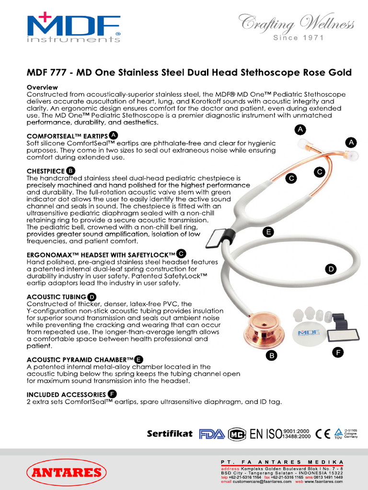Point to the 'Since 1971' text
298,38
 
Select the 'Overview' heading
42,88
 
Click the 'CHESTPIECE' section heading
45,170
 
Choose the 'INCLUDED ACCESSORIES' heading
66,394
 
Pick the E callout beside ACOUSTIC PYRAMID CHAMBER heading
138,359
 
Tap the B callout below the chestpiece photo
271,356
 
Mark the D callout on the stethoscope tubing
330,269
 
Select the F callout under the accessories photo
338,353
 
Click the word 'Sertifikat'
170,434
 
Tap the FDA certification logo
212,434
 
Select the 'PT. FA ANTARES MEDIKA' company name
282,462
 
